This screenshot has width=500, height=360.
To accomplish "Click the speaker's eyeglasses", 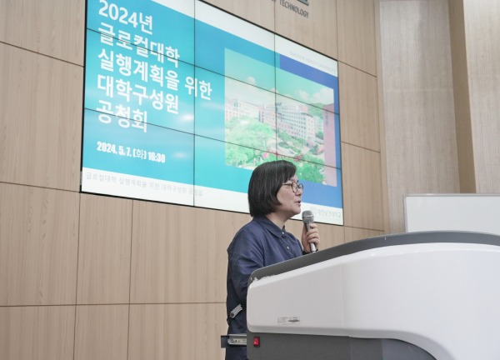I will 292,187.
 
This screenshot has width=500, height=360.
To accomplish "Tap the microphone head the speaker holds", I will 308,219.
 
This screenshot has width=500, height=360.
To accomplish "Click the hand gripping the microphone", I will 310,237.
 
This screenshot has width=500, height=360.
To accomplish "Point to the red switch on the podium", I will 256,341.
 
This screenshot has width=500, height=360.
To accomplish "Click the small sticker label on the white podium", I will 288,319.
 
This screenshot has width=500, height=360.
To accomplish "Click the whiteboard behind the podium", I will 451,213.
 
